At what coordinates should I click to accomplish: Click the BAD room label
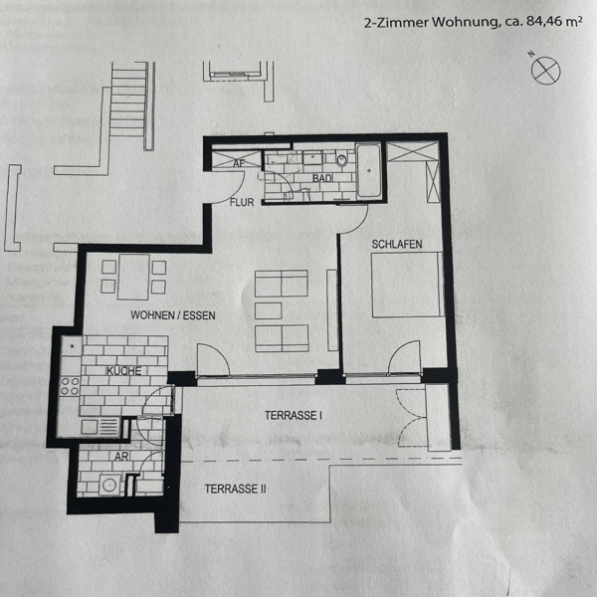[x=322, y=178]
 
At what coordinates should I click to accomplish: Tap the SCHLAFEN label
[x=397, y=244]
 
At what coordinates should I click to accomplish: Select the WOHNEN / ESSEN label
[x=173, y=315]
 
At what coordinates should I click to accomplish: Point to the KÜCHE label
[x=123, y=370]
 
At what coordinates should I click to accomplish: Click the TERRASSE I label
[x=294, y=415]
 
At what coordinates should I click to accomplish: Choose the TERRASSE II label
[x=235, y=489]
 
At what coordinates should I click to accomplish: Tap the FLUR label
[x=242, y=202]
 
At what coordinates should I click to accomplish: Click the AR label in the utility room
[x=121, y=456]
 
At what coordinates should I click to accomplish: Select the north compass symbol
[x=545, y=71]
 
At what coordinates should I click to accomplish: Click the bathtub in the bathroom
[x=369, y=170]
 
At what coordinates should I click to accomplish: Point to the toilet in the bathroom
[x=342, y=158]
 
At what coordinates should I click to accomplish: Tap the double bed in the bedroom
[x=408, y=285]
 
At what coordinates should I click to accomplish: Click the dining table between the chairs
[x=133, y=277]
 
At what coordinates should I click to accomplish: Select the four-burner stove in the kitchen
[x=71, y=386]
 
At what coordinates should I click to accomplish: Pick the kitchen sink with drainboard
[x=100, y=427]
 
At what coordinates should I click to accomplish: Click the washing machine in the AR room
[x=110, y=486]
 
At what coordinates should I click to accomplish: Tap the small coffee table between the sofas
[x=268, y=310]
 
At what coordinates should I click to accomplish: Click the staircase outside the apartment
[x=129, y=100]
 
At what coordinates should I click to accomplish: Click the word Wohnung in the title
[x=465, y=23]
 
